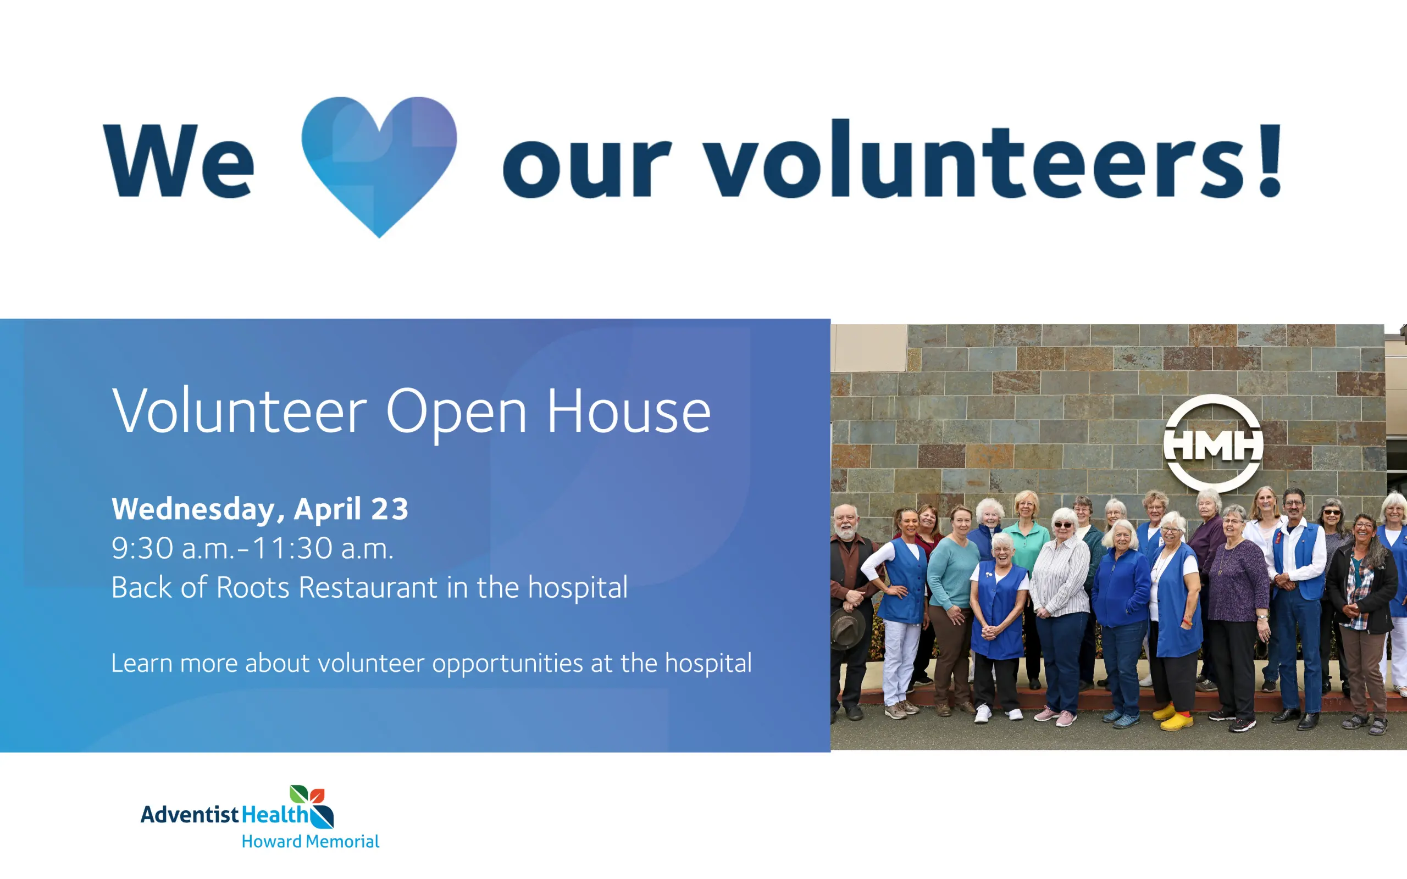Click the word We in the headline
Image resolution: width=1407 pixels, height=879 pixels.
click(x=179, y=161)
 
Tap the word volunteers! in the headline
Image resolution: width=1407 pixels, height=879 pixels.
click(x=993, y=159)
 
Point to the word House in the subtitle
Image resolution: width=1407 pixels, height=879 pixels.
click(x=629, y=410)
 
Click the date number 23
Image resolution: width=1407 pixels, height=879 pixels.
click(x=390, y=509)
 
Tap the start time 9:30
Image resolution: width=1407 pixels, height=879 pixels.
click(x=142, y=548)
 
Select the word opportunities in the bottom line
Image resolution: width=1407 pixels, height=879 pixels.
click(x=508, y=664)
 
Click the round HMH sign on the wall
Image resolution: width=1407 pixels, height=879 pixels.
click(x=1213, y=443)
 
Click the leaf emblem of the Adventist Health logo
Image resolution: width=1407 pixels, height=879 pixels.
click(x=312, y=806)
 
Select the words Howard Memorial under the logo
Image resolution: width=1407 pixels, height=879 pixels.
click(x=311, y=841)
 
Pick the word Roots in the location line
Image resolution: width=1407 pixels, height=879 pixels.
click(x=253, y=587)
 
